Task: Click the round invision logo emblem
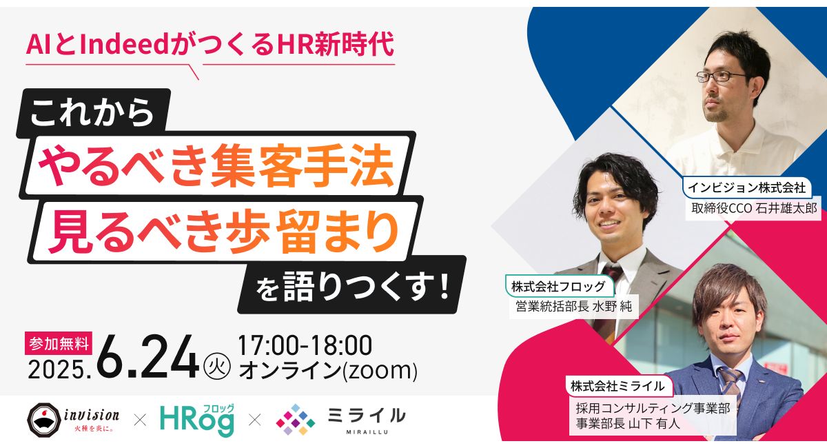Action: pos(43,418)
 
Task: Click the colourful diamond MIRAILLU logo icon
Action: pos(296,419)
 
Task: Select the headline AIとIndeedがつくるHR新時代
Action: pos(210,45)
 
